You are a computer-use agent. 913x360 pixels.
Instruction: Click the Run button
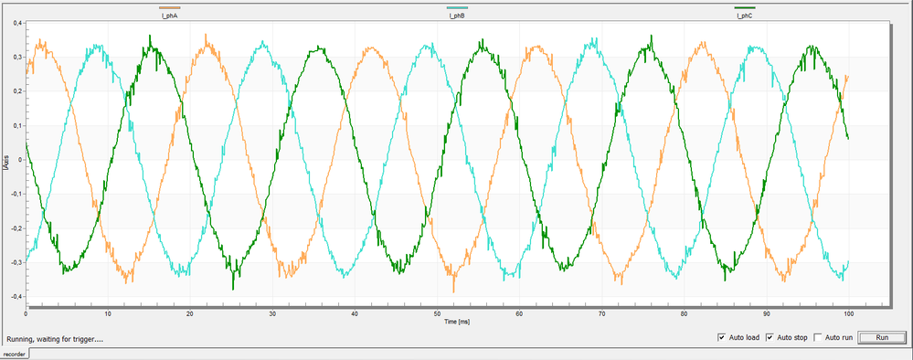click(x=882, y=337)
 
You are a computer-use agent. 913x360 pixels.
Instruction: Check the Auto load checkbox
click(x=723, y=337)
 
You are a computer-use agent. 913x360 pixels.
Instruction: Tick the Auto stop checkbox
click(x=770, y=337)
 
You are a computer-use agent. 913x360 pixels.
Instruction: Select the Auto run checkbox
click(x=818, y=337)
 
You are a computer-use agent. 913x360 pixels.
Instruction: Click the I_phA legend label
click(x=169, y=16)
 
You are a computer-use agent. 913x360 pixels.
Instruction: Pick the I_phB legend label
click(x=457, y=16)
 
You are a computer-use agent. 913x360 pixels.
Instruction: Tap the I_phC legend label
click(x=744, y=16)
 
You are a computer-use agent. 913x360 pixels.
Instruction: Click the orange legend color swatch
click(x=169, y=7)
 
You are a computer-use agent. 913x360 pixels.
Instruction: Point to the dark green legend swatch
click(x=744, y=7)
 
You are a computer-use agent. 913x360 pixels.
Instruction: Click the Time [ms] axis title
click(x=456, y=322)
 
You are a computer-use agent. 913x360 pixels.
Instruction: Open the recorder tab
click(x=15, y=353)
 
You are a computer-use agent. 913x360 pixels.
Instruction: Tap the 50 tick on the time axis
click(x=438, y=313)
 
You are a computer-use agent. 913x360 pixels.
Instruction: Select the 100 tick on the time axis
click(x=848, y=313)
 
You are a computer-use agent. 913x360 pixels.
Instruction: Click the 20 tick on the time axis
click(x=191, y=313)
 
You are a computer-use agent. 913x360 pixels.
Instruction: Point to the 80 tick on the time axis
click(x=685, y=313)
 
